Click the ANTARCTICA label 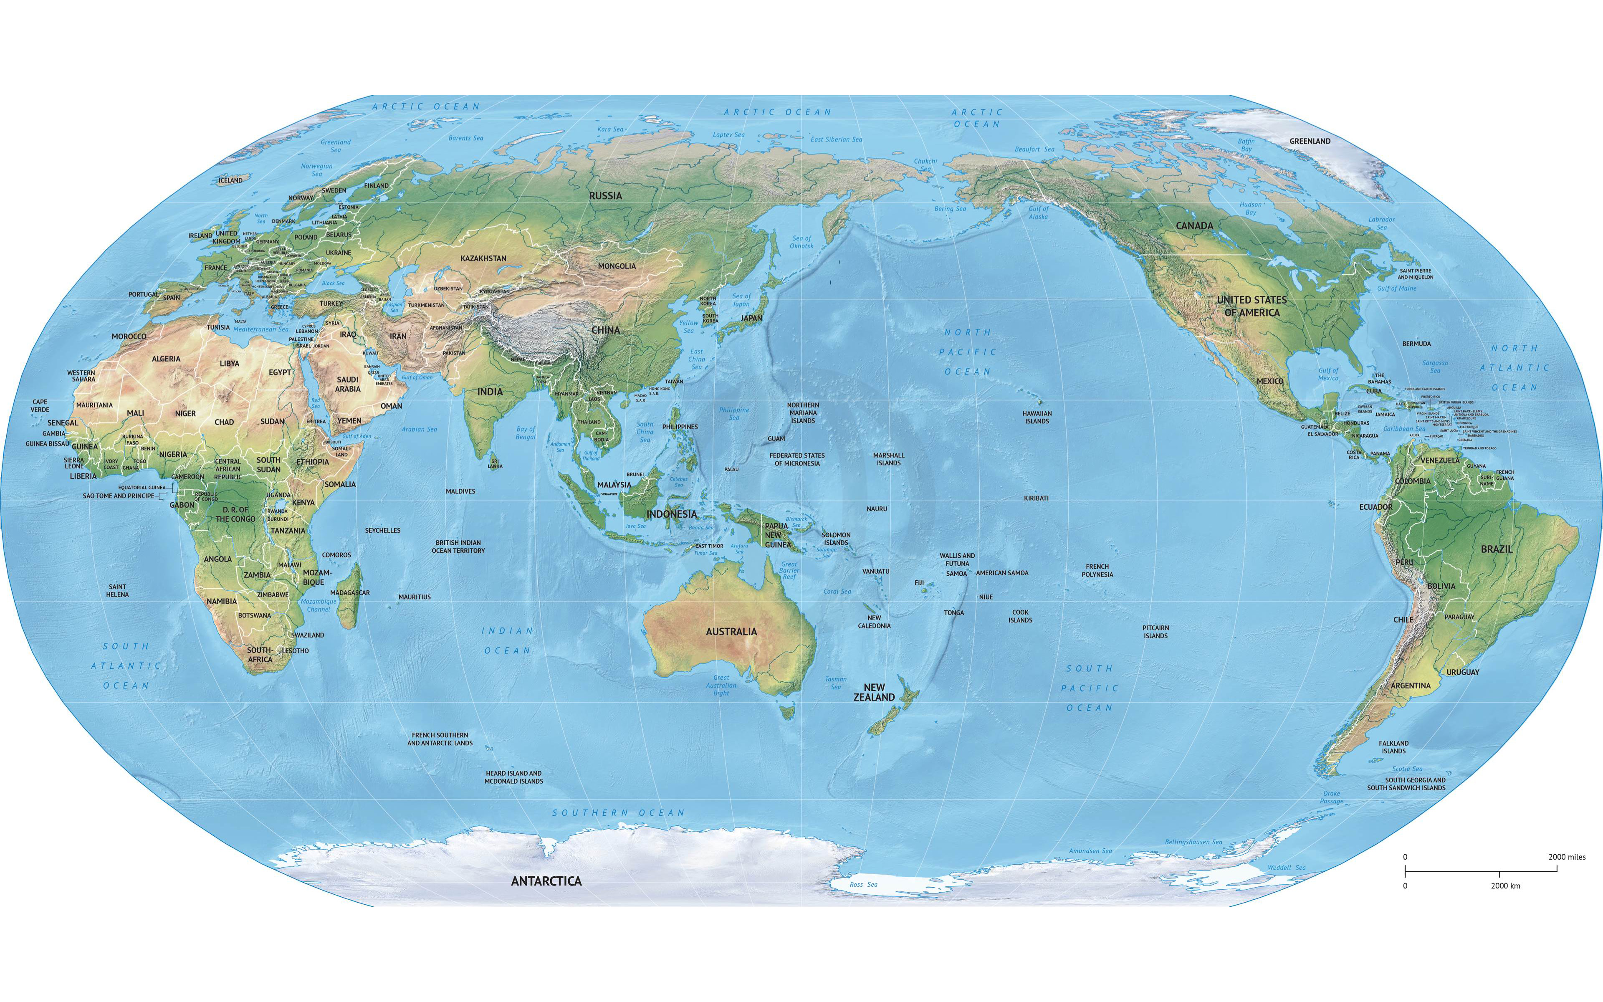click(546, 881)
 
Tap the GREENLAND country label click(1310, 141)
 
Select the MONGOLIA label click(617, 266)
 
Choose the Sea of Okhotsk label click(801, 242)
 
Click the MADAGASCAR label click(350, 592)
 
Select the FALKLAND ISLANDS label click(1394, 747)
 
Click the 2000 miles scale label click(1567, 857)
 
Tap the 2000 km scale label click(1506, 886)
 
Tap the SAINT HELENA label click(118, 590)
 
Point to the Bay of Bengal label click(525, 433)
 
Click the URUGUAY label click(1463, 672)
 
